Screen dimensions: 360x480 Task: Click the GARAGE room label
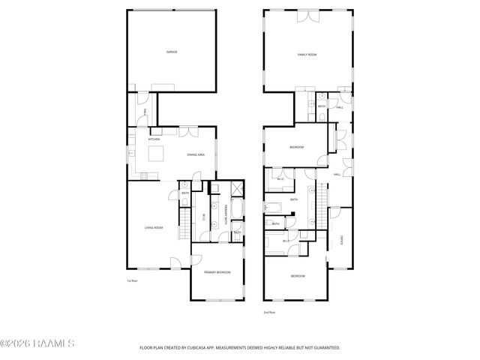(171, 52)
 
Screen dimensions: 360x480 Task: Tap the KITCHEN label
(154, 139)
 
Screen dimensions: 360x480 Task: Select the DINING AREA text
(196, 155)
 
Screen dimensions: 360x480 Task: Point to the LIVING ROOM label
(154, 227)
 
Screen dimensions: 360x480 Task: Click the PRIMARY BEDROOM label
(217, 272)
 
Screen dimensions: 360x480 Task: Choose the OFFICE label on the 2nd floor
(341, 240)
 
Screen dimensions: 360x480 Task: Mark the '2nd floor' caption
(269, 312)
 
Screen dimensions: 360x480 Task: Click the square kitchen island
(157, 154)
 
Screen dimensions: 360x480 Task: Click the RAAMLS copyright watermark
(37, 344)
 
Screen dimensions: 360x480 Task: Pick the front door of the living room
(175, 264)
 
